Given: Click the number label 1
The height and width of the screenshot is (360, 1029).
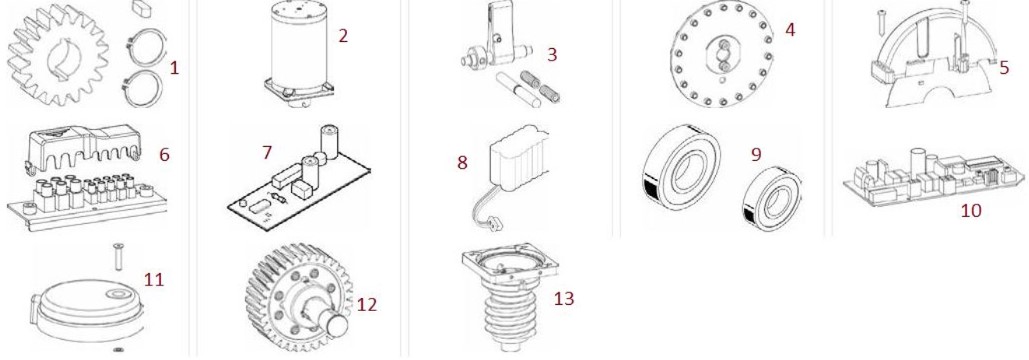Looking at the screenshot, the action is click(x=174, y=68).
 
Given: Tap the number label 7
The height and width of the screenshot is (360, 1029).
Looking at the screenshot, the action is click(x=266, y=153).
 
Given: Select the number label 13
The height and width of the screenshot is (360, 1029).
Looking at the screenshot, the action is click(x=564, y=298).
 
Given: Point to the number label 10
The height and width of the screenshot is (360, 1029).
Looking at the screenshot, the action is click(x=971, y=210).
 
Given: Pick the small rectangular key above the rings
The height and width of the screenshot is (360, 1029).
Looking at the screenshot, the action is click(x=142, y=7).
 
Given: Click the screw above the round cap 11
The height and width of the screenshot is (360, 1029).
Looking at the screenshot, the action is click(x=118, y=256).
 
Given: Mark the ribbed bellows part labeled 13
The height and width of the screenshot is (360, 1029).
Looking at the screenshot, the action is click(x=509, y=297).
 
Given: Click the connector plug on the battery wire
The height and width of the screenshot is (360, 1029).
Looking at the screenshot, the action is click(x=496, y=224).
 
